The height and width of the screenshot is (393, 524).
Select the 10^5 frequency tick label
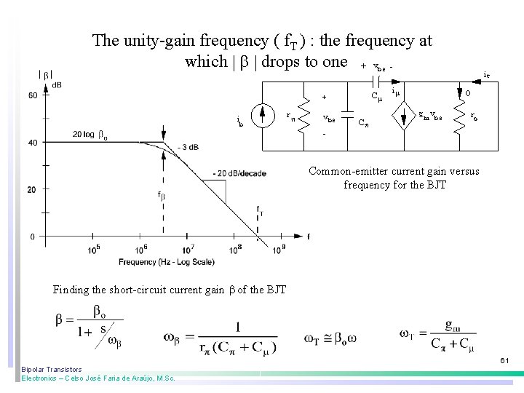95,250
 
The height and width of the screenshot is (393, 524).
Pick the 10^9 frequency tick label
279,250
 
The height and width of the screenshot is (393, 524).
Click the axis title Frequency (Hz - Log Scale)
167,261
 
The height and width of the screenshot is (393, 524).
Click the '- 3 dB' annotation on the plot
188,148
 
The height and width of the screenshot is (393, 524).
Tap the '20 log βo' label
91,135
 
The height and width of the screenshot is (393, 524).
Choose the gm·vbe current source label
430,116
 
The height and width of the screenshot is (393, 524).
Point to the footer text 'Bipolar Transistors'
52,369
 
